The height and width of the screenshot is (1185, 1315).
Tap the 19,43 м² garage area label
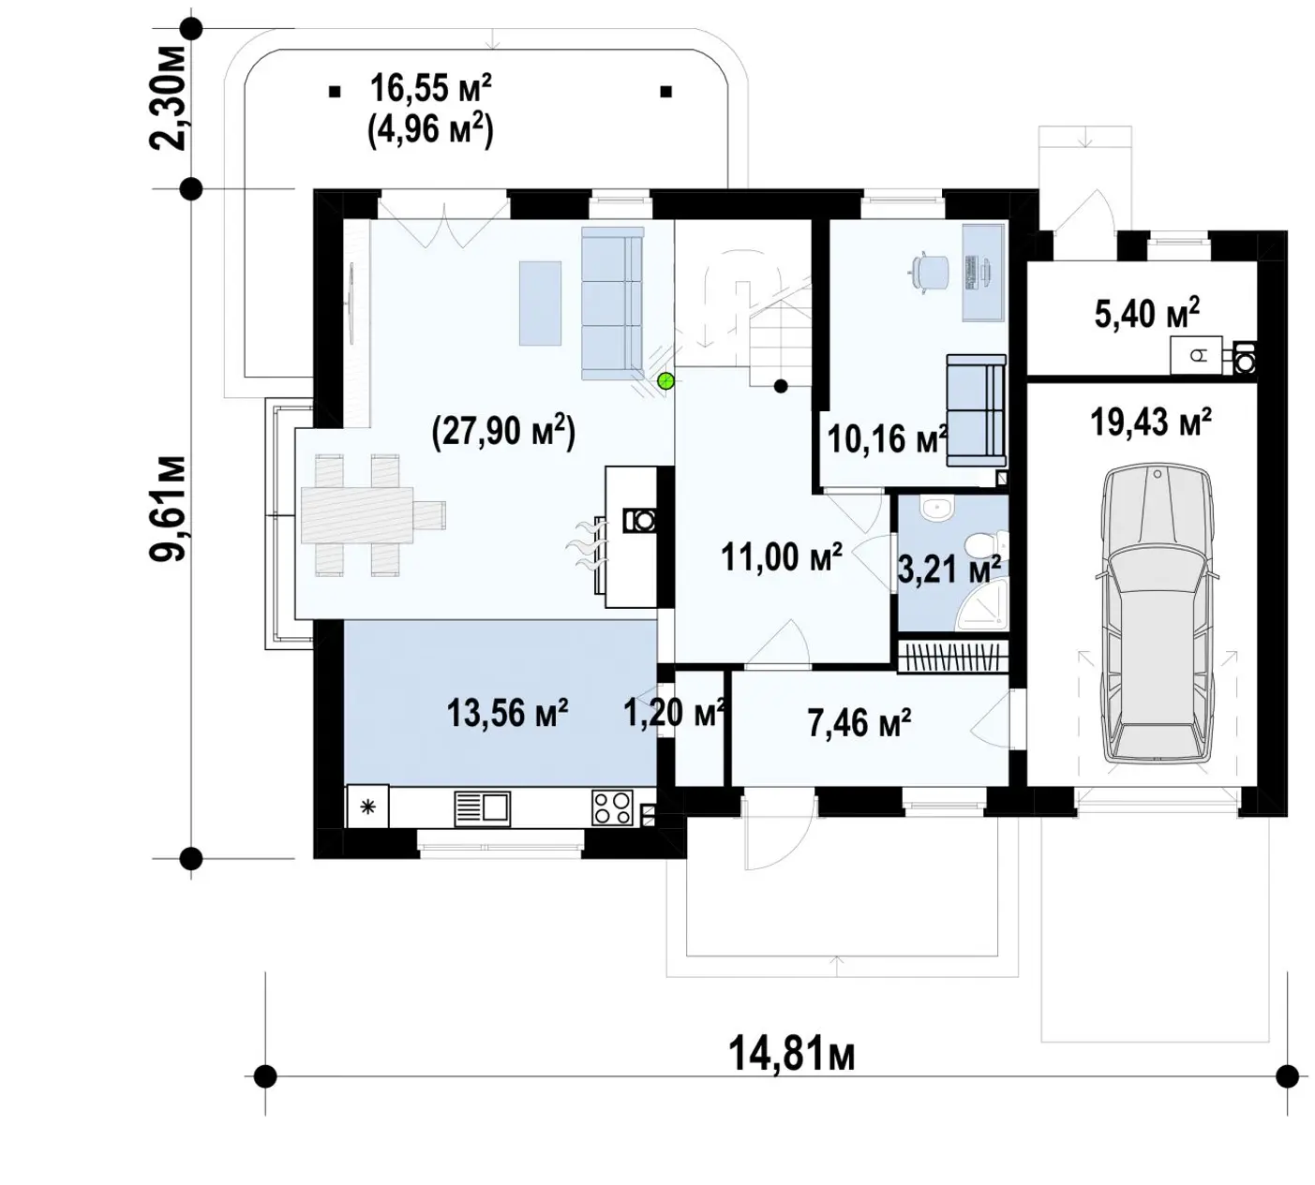click(x=1150, y=422)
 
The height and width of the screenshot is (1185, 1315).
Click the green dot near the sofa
click(x=665, y=380)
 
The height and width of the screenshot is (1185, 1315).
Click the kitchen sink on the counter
click(x=482, y=808)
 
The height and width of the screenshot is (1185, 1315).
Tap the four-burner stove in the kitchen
click(x=612, y=807)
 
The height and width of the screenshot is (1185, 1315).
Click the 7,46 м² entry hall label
click(x=859, y=723)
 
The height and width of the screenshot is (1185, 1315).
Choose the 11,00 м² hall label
click(x=781, y=557)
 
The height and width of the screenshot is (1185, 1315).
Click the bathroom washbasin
click(x=939, y=510)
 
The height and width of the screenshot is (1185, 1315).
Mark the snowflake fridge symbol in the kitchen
click(x=367, y=807)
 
